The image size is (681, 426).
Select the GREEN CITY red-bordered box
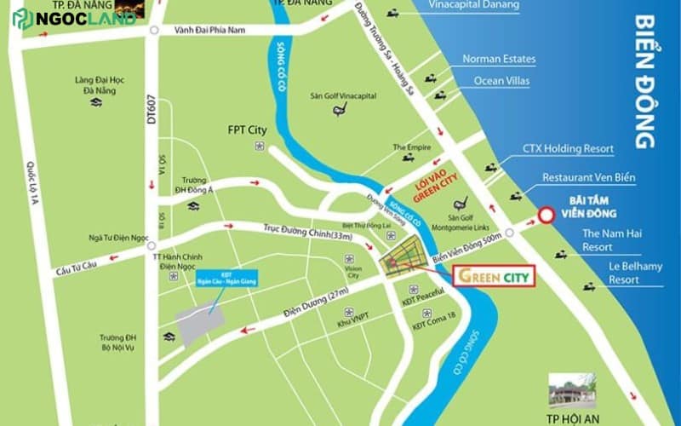click(494, 277)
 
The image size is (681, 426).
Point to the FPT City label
click(247, 130)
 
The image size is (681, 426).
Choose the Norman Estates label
click(499, 60)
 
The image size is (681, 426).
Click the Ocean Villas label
click(502, 81)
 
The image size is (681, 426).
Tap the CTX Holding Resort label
click(568, 149)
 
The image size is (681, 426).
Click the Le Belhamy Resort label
click(611, 273)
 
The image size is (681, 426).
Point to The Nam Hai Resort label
click(609, 239)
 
